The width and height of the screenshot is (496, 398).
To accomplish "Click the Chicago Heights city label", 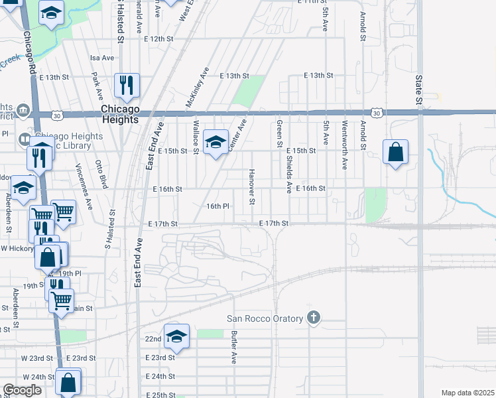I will (x=120, y=114).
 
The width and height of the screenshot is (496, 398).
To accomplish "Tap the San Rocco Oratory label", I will (x=266, y=318).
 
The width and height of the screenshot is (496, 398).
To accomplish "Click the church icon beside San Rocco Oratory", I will (x=314, y=318).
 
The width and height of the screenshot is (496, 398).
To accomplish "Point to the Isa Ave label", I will (x=103, y=58).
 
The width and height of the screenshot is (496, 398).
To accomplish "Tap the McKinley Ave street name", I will (x=198, y=87).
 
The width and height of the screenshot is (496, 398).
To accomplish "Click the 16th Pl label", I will (x=217, y=206).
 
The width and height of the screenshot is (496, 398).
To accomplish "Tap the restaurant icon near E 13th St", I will (x=127, y=85).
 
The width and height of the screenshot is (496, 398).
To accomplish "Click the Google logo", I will (x=23, y=390).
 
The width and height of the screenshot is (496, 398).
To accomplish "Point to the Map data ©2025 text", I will (x=467, y=393).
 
